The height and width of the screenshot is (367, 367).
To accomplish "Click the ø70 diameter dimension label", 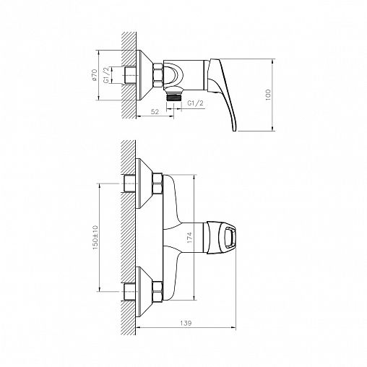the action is click(94, 74).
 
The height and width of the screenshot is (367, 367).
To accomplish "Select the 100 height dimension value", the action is click(268, 95).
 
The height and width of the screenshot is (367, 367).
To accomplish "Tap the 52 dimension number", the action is click(155, 112).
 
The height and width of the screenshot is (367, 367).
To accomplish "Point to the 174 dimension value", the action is click(189, 238).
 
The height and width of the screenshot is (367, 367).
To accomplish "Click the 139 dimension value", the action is click(186, 323).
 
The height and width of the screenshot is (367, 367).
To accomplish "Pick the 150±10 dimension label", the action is click(95, 237).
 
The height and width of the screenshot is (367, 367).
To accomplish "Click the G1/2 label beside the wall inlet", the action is click(108, 74).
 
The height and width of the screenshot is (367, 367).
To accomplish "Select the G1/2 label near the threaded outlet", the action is click(195, 103).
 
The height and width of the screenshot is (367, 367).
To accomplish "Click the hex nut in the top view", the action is click(157, 75).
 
